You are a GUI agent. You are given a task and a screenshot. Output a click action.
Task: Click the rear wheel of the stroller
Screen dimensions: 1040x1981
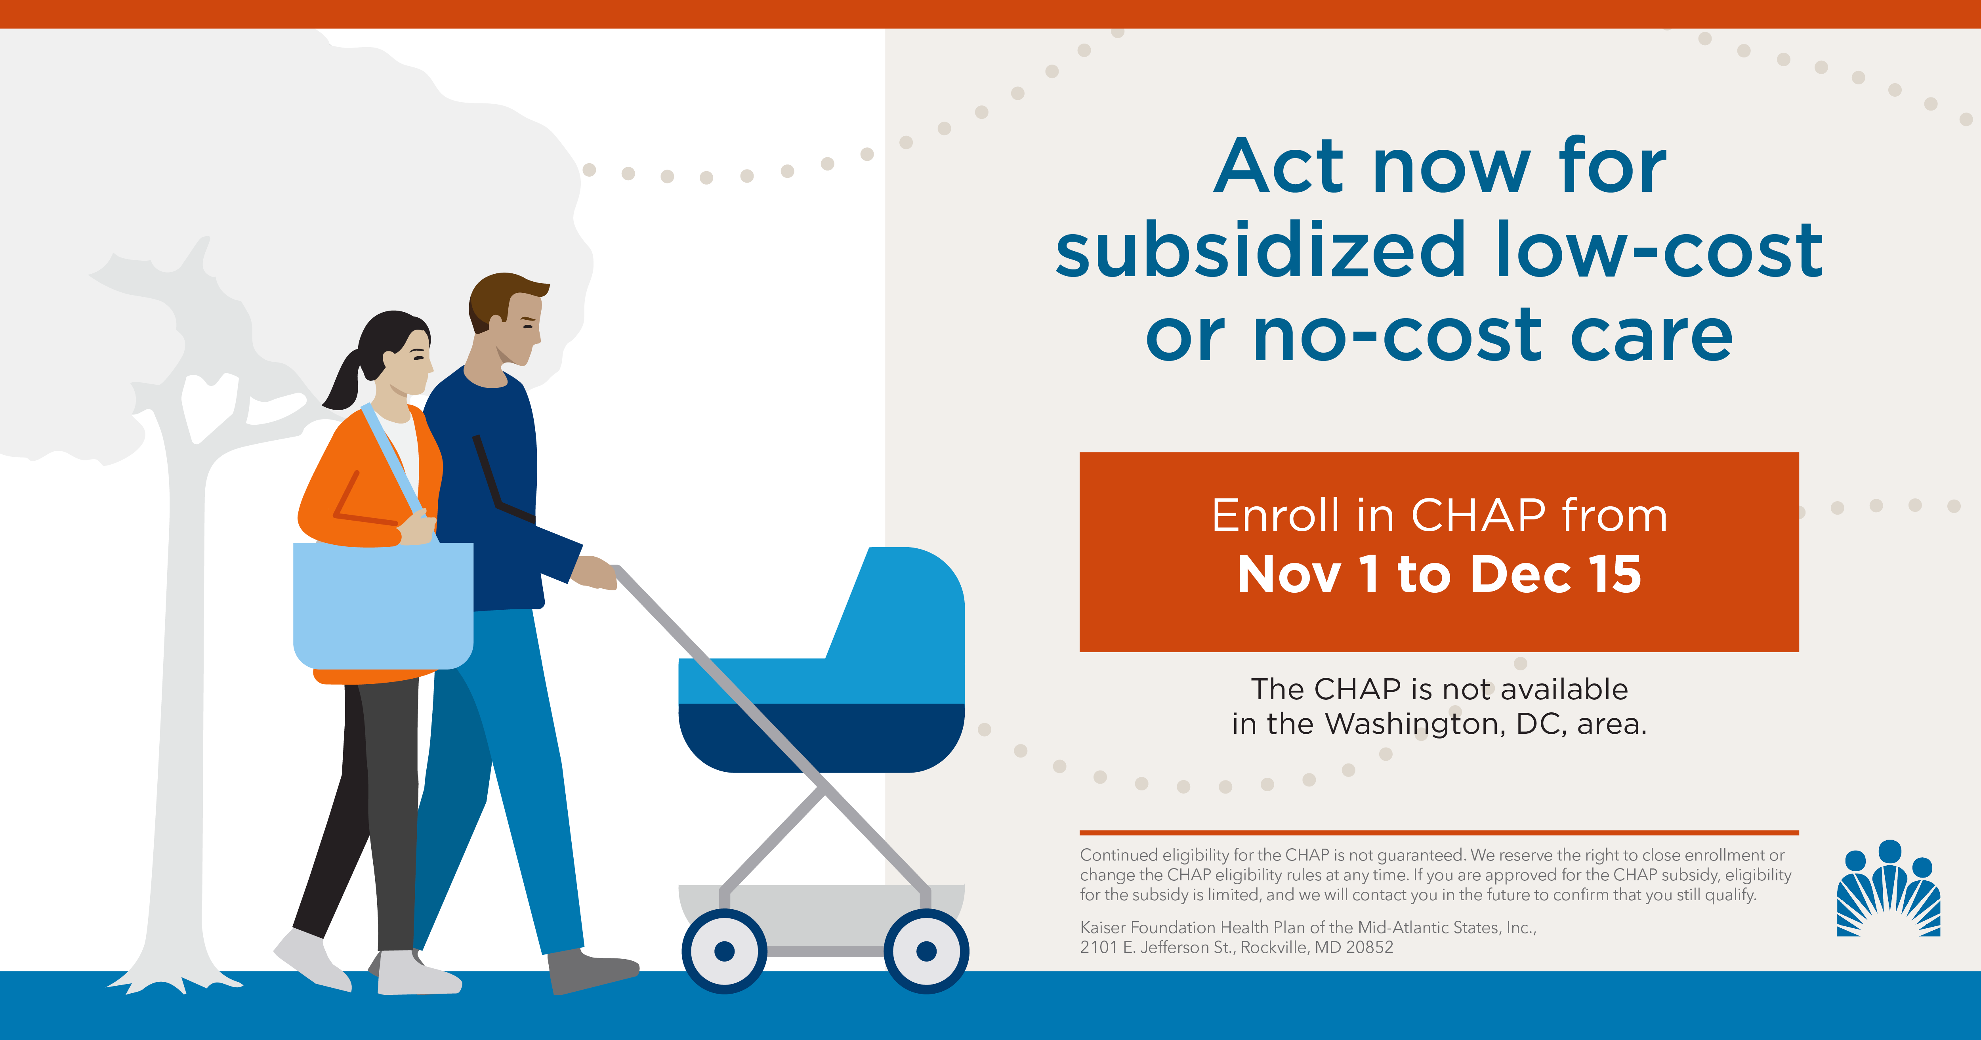(724, 952)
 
